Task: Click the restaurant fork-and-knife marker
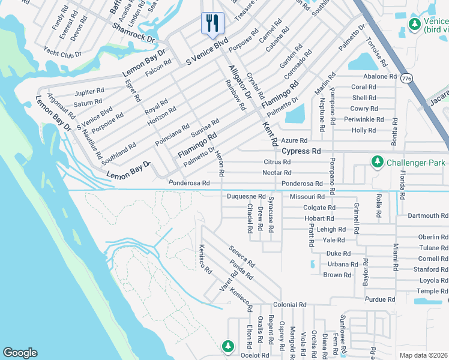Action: point(212,24)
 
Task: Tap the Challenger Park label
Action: point(415,162)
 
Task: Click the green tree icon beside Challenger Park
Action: point(377,162)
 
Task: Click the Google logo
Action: point(20,353)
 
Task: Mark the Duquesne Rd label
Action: point(246,196)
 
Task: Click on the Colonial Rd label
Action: point(289,305)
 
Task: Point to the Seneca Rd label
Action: point(242,256)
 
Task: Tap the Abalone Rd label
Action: point(380,76)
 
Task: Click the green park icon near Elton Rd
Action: point(228,346)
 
